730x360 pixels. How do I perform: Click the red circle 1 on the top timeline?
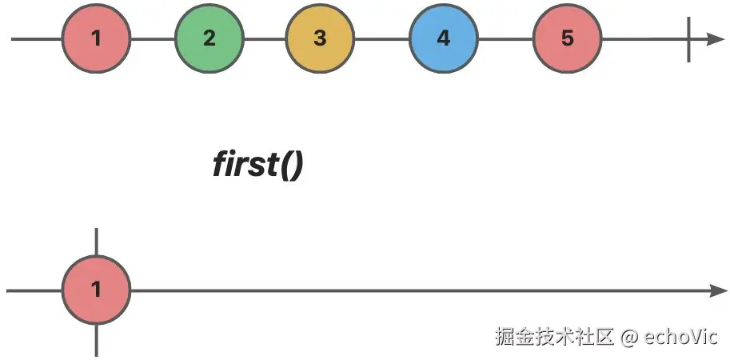coord(95,38)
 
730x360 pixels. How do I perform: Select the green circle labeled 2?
coord(209,38)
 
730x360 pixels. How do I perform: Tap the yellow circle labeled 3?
coord(320,38)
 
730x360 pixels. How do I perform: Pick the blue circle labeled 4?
coord(443,38)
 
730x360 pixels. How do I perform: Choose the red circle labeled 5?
coord(567,38)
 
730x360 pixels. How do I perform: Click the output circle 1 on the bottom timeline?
coord(96,290)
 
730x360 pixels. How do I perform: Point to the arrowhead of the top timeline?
coord(714,38)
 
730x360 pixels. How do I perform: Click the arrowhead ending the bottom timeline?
coord(717,290)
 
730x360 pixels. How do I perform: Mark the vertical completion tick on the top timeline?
coord(688,38)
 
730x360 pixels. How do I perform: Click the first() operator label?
coord(257,165)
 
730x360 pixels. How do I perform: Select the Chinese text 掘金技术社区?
coord(554,336)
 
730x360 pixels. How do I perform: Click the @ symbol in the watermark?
coord(629,337)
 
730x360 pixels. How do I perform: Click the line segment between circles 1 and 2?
coord(152,38)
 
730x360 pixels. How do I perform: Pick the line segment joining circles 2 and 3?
coord(264,38)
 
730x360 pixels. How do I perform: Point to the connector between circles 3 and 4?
coord(381,38)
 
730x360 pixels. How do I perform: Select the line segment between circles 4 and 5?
coord(505,38)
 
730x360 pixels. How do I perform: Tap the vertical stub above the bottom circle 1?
coord(96,242)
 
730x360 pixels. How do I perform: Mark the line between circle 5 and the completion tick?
coord(644,38)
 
